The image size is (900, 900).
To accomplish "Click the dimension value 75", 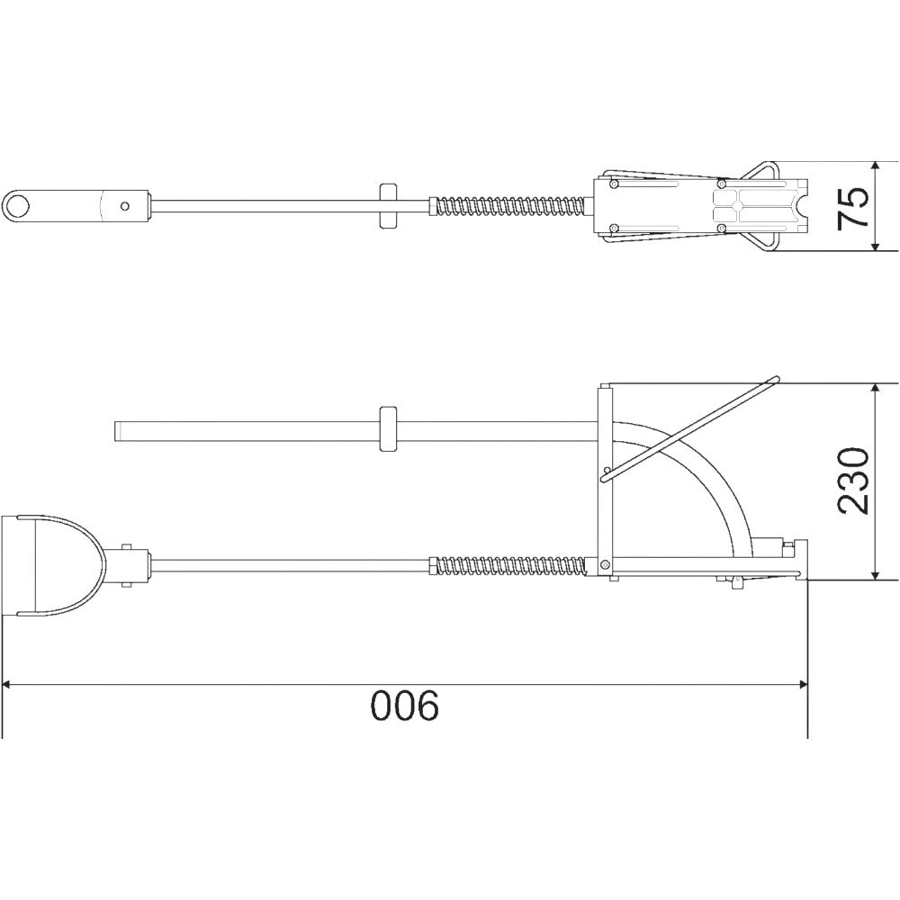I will click(855, 207).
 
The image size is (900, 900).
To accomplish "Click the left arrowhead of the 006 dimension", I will click(11, 686).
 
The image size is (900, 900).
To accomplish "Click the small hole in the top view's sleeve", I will click(125, 205).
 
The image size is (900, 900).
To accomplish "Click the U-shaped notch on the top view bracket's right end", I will click(797, 206).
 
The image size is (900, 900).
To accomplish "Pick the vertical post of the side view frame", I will click(606, 477).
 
